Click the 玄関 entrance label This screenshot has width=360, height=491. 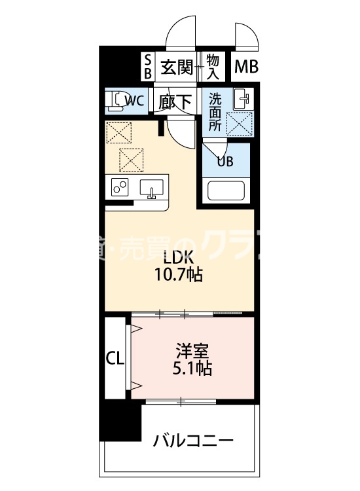click(x=175, y=67)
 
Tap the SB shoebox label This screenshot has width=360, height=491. click(x=147, y=67)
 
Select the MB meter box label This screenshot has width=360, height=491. click(x=246, y=67)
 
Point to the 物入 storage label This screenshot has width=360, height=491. click(x=212, y=67)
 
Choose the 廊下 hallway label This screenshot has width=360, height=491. click(x=175, y=101)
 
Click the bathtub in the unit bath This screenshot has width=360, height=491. click(x=226, y=192)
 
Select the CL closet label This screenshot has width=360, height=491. click(x=115, y=359)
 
